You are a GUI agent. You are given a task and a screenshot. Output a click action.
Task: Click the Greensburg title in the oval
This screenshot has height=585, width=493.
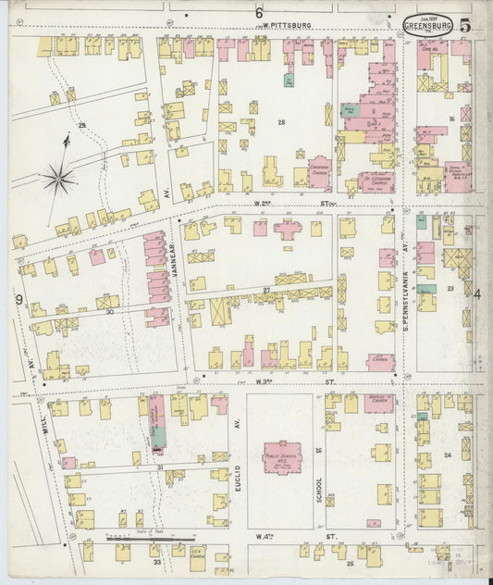pos(428,25)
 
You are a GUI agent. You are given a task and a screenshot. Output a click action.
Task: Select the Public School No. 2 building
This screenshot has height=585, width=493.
pos(285,456)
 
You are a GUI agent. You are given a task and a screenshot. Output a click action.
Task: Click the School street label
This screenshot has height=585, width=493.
pos(320,483)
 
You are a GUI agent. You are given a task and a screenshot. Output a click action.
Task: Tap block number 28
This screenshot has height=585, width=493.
pos(281,122)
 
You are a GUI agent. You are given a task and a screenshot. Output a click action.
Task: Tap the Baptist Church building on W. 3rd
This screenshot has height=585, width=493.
pos(378,403)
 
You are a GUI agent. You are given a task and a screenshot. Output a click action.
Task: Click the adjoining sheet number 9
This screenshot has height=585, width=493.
pos(18,298)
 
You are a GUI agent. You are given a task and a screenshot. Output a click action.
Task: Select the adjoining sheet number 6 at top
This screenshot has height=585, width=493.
pos(260,12)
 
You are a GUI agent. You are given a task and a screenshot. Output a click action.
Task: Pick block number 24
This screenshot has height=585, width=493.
pos(447,454)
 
